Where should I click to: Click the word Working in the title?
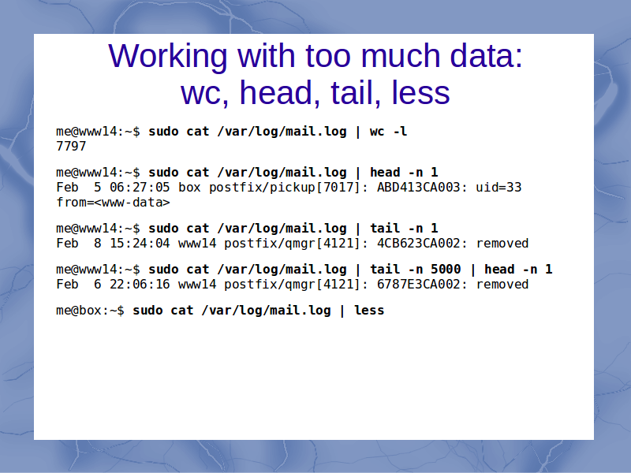[x=168, y=56]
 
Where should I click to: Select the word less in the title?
[x=420, y=92]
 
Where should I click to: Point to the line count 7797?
[x=71, y=147]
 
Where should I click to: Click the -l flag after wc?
[x=400, y=132]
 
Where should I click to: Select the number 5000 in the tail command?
[x=446, y=269]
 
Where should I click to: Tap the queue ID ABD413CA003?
[x=422, y=188]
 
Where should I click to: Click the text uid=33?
[x=498, y=188]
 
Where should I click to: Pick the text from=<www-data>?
[x=113, y=203]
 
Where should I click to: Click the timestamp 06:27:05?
[x=140, y=188]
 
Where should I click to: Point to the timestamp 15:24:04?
[x=140, y=244]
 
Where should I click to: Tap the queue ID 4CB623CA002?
[x=422, y=244]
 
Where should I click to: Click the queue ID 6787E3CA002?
[x=422, y=285]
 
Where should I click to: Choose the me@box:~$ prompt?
[x=90, y=311]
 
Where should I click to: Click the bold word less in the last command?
[x=369, y=311]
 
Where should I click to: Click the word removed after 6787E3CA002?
[x=502, y=285]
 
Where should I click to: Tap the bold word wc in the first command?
[x=377, y=132]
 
